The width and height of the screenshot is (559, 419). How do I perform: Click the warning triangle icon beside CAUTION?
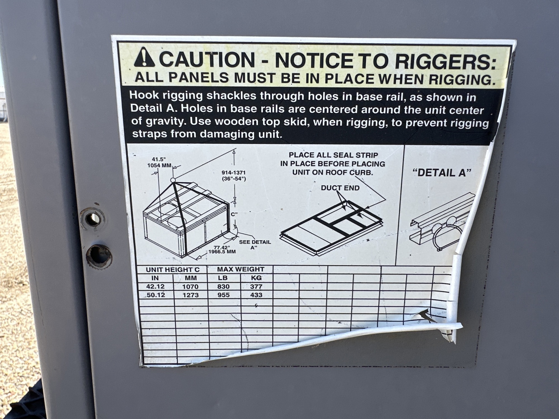point(144,57)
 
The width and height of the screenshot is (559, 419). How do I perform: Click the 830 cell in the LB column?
point(223,286)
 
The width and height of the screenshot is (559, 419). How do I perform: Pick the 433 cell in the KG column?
point(256,295)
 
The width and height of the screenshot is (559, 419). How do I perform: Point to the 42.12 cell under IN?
point(155,286)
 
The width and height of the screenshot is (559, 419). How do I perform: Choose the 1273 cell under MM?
point(190,295)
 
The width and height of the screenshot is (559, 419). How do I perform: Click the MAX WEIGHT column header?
point(241,269)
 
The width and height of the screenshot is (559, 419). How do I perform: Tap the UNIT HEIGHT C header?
point(172,270)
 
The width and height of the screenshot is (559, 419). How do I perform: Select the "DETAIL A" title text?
point(442,173)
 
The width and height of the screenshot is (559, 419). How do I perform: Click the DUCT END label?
point(340,188)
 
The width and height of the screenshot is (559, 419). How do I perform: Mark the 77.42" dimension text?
point(222,247)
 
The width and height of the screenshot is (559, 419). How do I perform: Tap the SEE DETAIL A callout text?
point(255,245)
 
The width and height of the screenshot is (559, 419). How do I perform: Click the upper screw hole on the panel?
point(93,219)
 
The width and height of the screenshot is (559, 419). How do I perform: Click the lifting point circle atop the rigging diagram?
point(173,180)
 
